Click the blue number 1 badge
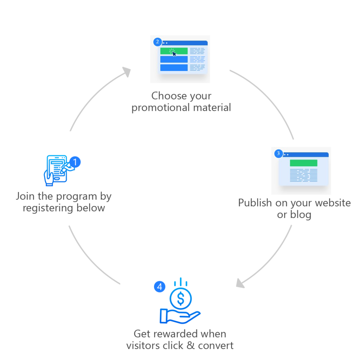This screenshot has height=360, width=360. (x=75, y=162)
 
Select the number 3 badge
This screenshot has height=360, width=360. (x=278, y=153)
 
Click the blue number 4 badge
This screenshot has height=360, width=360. (x=160, y=287)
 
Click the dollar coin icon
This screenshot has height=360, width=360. (x=180, y=299)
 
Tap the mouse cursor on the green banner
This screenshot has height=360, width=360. (x=174, y=53)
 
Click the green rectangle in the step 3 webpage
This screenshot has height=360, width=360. (x=303, y=163)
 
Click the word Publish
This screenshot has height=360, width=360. (x=255, y=203)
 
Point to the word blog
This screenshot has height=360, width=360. (x=299, y=214)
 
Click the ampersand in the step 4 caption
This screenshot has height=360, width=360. (x=190, y=345)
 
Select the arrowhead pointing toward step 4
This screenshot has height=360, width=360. (x=241, y=283)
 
